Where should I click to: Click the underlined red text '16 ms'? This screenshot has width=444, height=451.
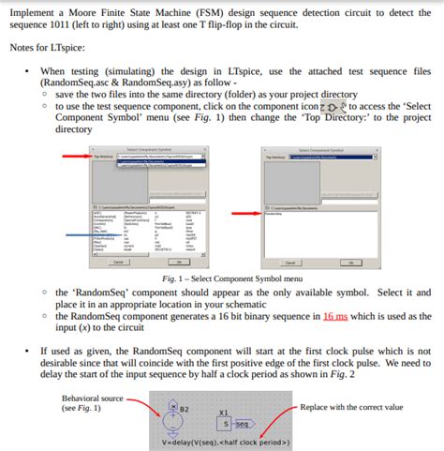(x=334, y=316)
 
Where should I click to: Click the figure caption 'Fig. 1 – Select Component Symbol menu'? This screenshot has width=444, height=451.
(x=232, y=278)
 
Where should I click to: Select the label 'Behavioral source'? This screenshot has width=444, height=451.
(x=93, y=397)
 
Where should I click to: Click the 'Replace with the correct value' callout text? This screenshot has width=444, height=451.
(x=352, y=408)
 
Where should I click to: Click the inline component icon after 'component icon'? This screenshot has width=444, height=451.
(x=335, y=107)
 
